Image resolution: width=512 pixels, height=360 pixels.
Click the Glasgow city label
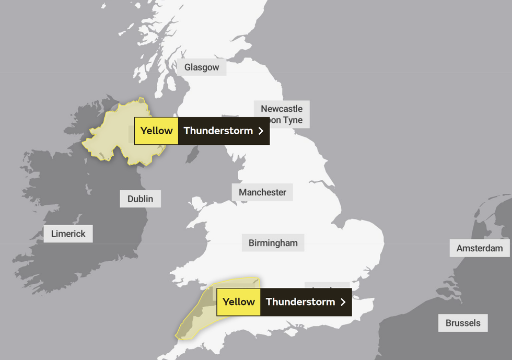(x=202, y=67)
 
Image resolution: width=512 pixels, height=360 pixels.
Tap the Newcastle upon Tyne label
(x=282, y=114)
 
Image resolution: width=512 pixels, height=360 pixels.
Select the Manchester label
(x=262, y=192)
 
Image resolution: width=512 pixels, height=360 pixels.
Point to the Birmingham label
(x=273, y=243)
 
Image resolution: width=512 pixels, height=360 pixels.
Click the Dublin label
(x=140, y=199)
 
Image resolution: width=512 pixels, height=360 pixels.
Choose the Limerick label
(x=68, y=234)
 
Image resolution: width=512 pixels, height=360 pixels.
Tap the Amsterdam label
(x=480, y=248)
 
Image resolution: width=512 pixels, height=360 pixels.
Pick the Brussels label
(x=463, y=323)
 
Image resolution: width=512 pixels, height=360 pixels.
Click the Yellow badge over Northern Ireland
(x=156, y=131)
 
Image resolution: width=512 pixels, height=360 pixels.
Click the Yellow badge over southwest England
(x=239, y=302)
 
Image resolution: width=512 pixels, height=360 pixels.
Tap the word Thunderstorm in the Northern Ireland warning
(x=218, y=131)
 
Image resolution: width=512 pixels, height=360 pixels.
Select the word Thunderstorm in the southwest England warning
(x=300, y=302)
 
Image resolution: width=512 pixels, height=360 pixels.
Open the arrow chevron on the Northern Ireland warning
(x=261, y=131)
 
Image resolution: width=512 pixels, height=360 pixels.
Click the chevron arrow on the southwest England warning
(x=343, y=302)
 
